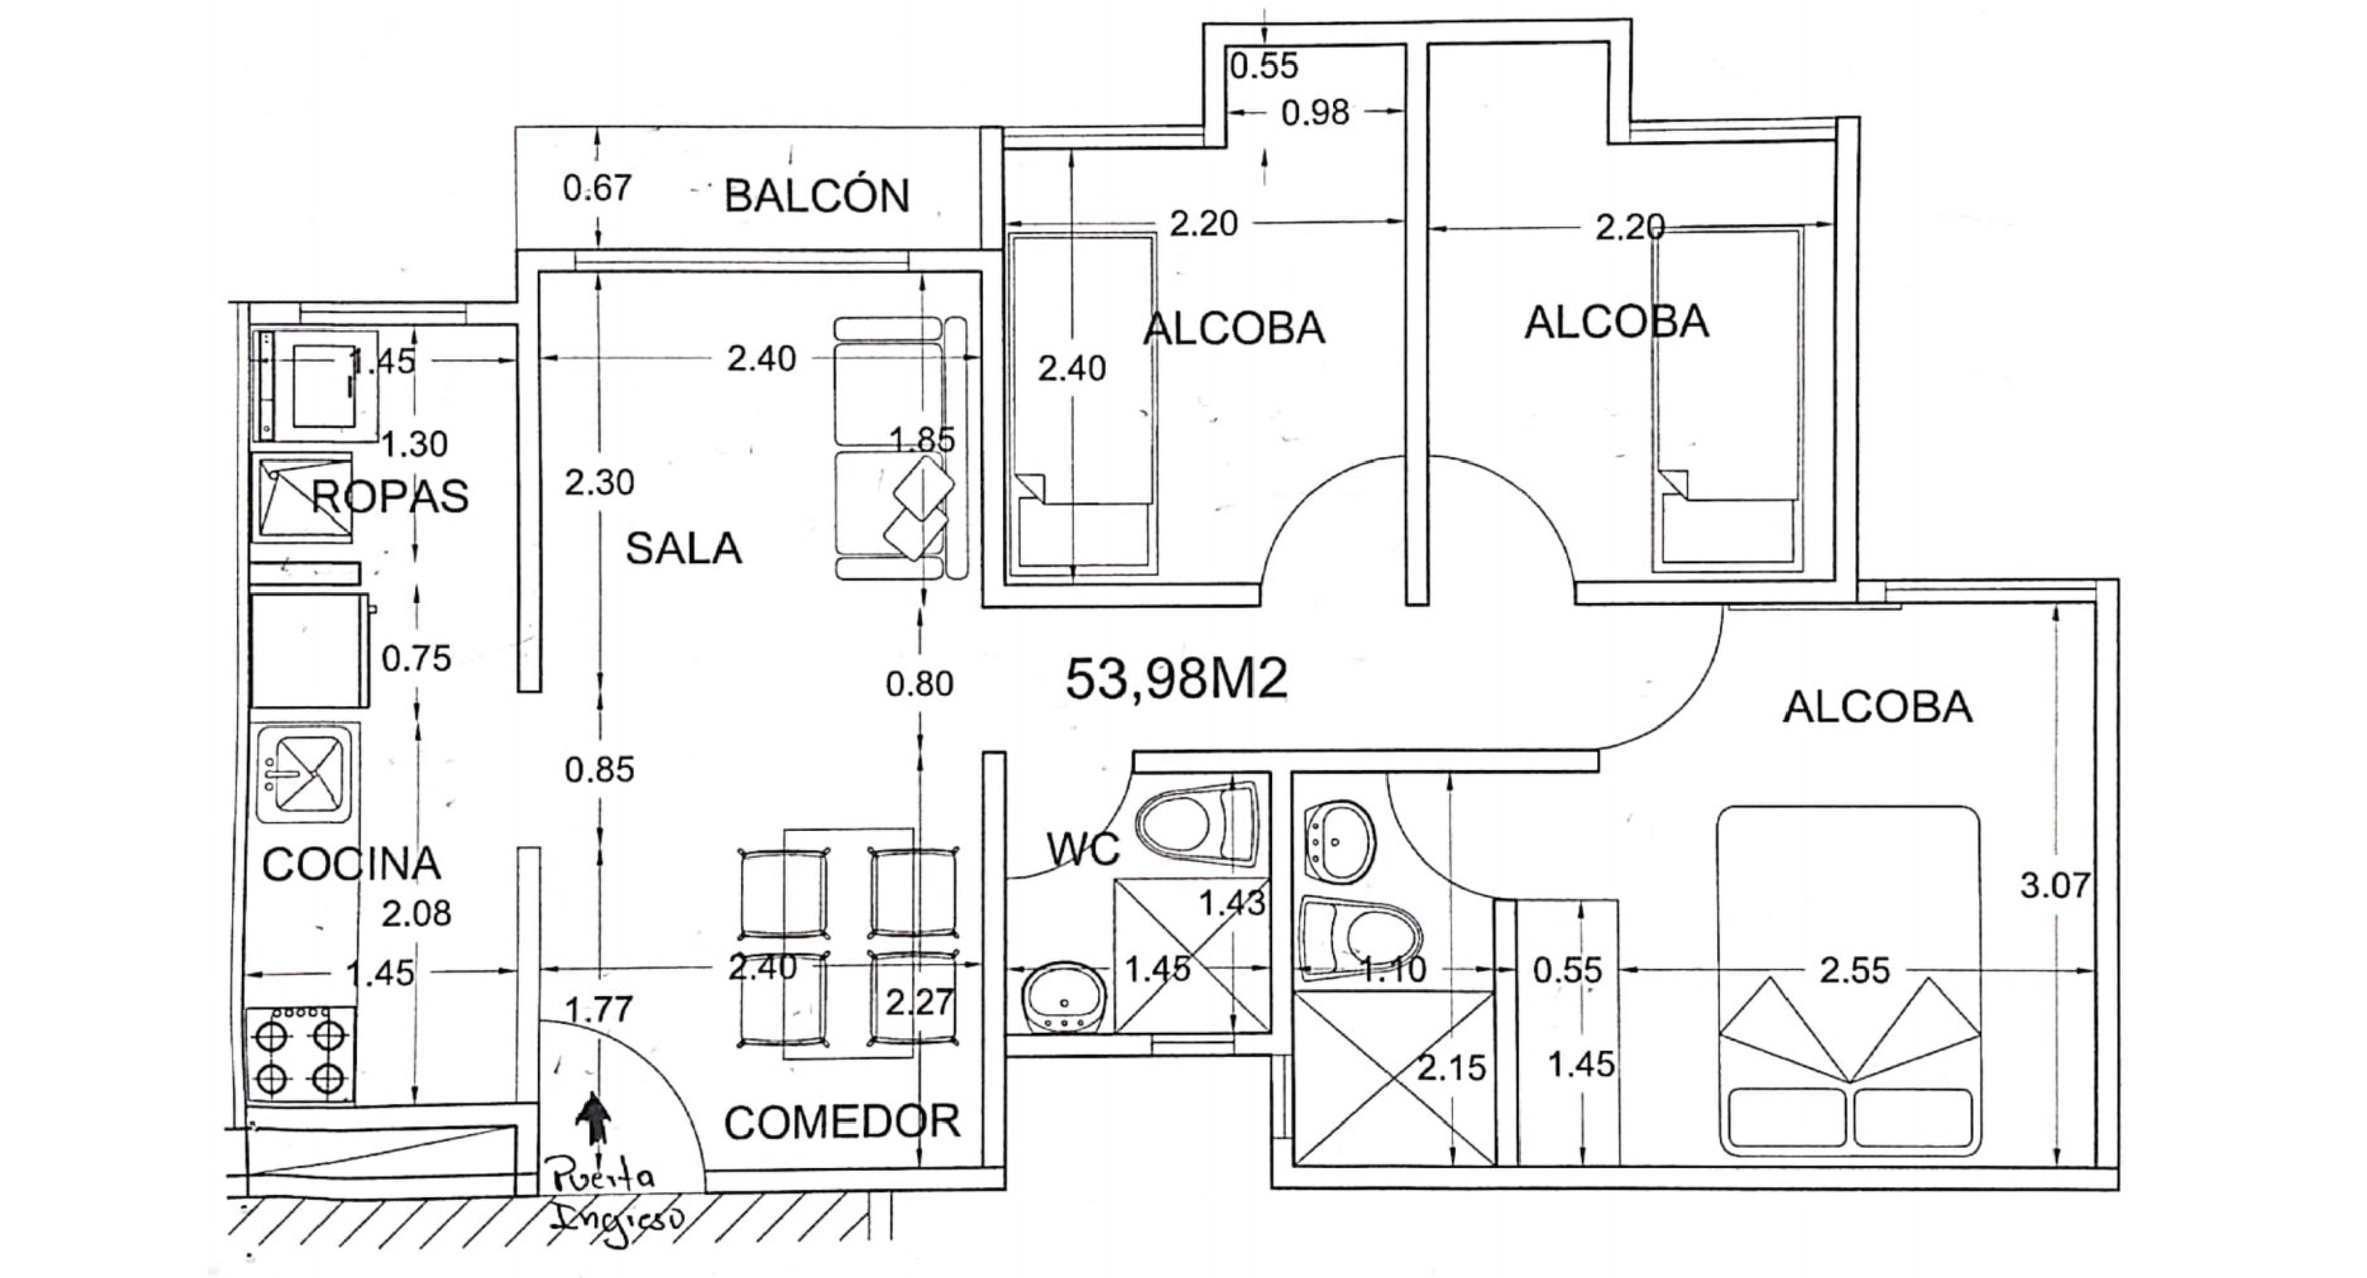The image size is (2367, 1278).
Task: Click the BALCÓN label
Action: tap(816, 196)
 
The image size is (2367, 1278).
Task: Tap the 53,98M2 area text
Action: tap(1176, 680)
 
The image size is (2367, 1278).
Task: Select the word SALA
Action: tap(683, 549)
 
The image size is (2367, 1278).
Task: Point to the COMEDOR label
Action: tap(842, 1122)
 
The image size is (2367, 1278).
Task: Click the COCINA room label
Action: tap(351, 863)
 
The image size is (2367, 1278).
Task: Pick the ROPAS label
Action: tap(389, 496)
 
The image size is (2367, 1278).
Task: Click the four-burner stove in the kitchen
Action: tap(300, 1054)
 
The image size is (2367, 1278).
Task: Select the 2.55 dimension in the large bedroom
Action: tap(1854, 970)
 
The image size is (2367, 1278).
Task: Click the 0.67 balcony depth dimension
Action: tap(597, 189)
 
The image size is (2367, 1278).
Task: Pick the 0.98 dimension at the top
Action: tap(1315, 113)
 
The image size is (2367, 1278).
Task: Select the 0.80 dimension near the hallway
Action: tap(919, 684)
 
